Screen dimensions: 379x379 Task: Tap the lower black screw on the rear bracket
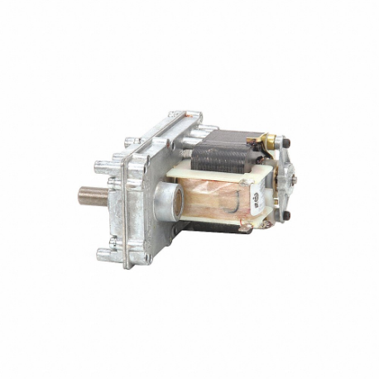(287, 216)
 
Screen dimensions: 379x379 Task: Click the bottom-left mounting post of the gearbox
(103, 253)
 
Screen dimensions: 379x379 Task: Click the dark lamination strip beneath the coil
(217, 227)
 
